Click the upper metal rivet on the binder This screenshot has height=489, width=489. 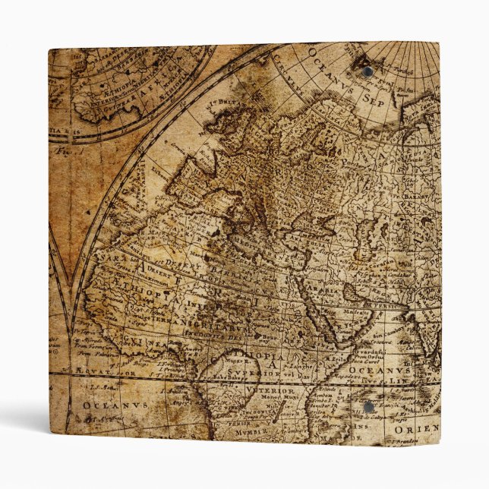368,72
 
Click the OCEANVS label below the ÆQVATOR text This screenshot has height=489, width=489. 106,405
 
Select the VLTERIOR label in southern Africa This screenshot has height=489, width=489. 256,387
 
